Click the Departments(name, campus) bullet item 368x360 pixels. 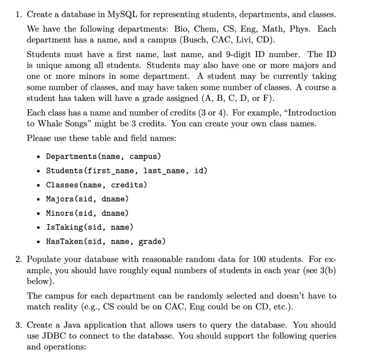click(103, 156)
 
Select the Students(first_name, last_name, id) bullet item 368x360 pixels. click(126, 170)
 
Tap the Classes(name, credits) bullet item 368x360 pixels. click(96, 185)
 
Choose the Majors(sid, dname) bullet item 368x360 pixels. click(87, 199)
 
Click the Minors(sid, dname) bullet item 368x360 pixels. click(87, 213)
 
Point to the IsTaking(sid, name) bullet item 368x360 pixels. click(89, 227)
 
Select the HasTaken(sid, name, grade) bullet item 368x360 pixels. click(106, 242)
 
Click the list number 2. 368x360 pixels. click(18, 260)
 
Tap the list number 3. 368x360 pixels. click(18, 325)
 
